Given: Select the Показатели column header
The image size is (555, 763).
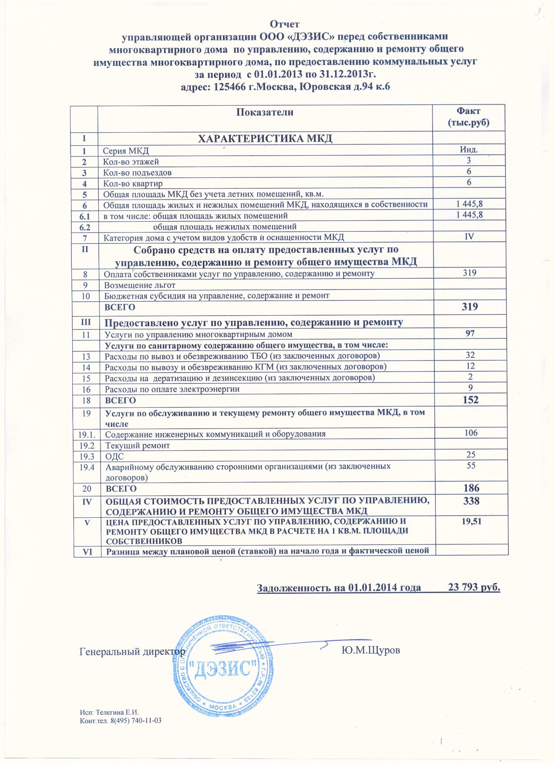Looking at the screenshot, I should click(265, 112).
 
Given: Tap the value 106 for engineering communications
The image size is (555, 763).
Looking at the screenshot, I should click(470, 433).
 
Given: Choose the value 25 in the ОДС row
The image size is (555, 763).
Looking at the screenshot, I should click(470, 454).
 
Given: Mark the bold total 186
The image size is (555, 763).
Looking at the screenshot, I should click(470, 488).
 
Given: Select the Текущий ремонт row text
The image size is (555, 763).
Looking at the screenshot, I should click(138, 446).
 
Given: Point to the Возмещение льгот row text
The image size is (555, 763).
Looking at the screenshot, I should click(140, 285).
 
